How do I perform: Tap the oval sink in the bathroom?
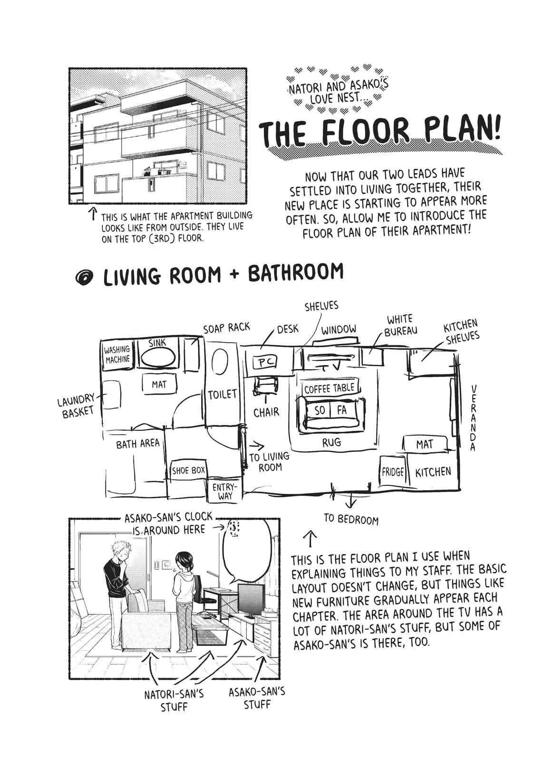coord(158,358)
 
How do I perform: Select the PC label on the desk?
coord(266,363)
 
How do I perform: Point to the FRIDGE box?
coord(393,472)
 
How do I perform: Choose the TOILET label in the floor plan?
coord(223,394)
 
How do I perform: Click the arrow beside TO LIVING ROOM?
coord(256,445)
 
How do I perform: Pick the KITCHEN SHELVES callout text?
coord(461,332)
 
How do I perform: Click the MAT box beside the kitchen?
coord(425,444)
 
